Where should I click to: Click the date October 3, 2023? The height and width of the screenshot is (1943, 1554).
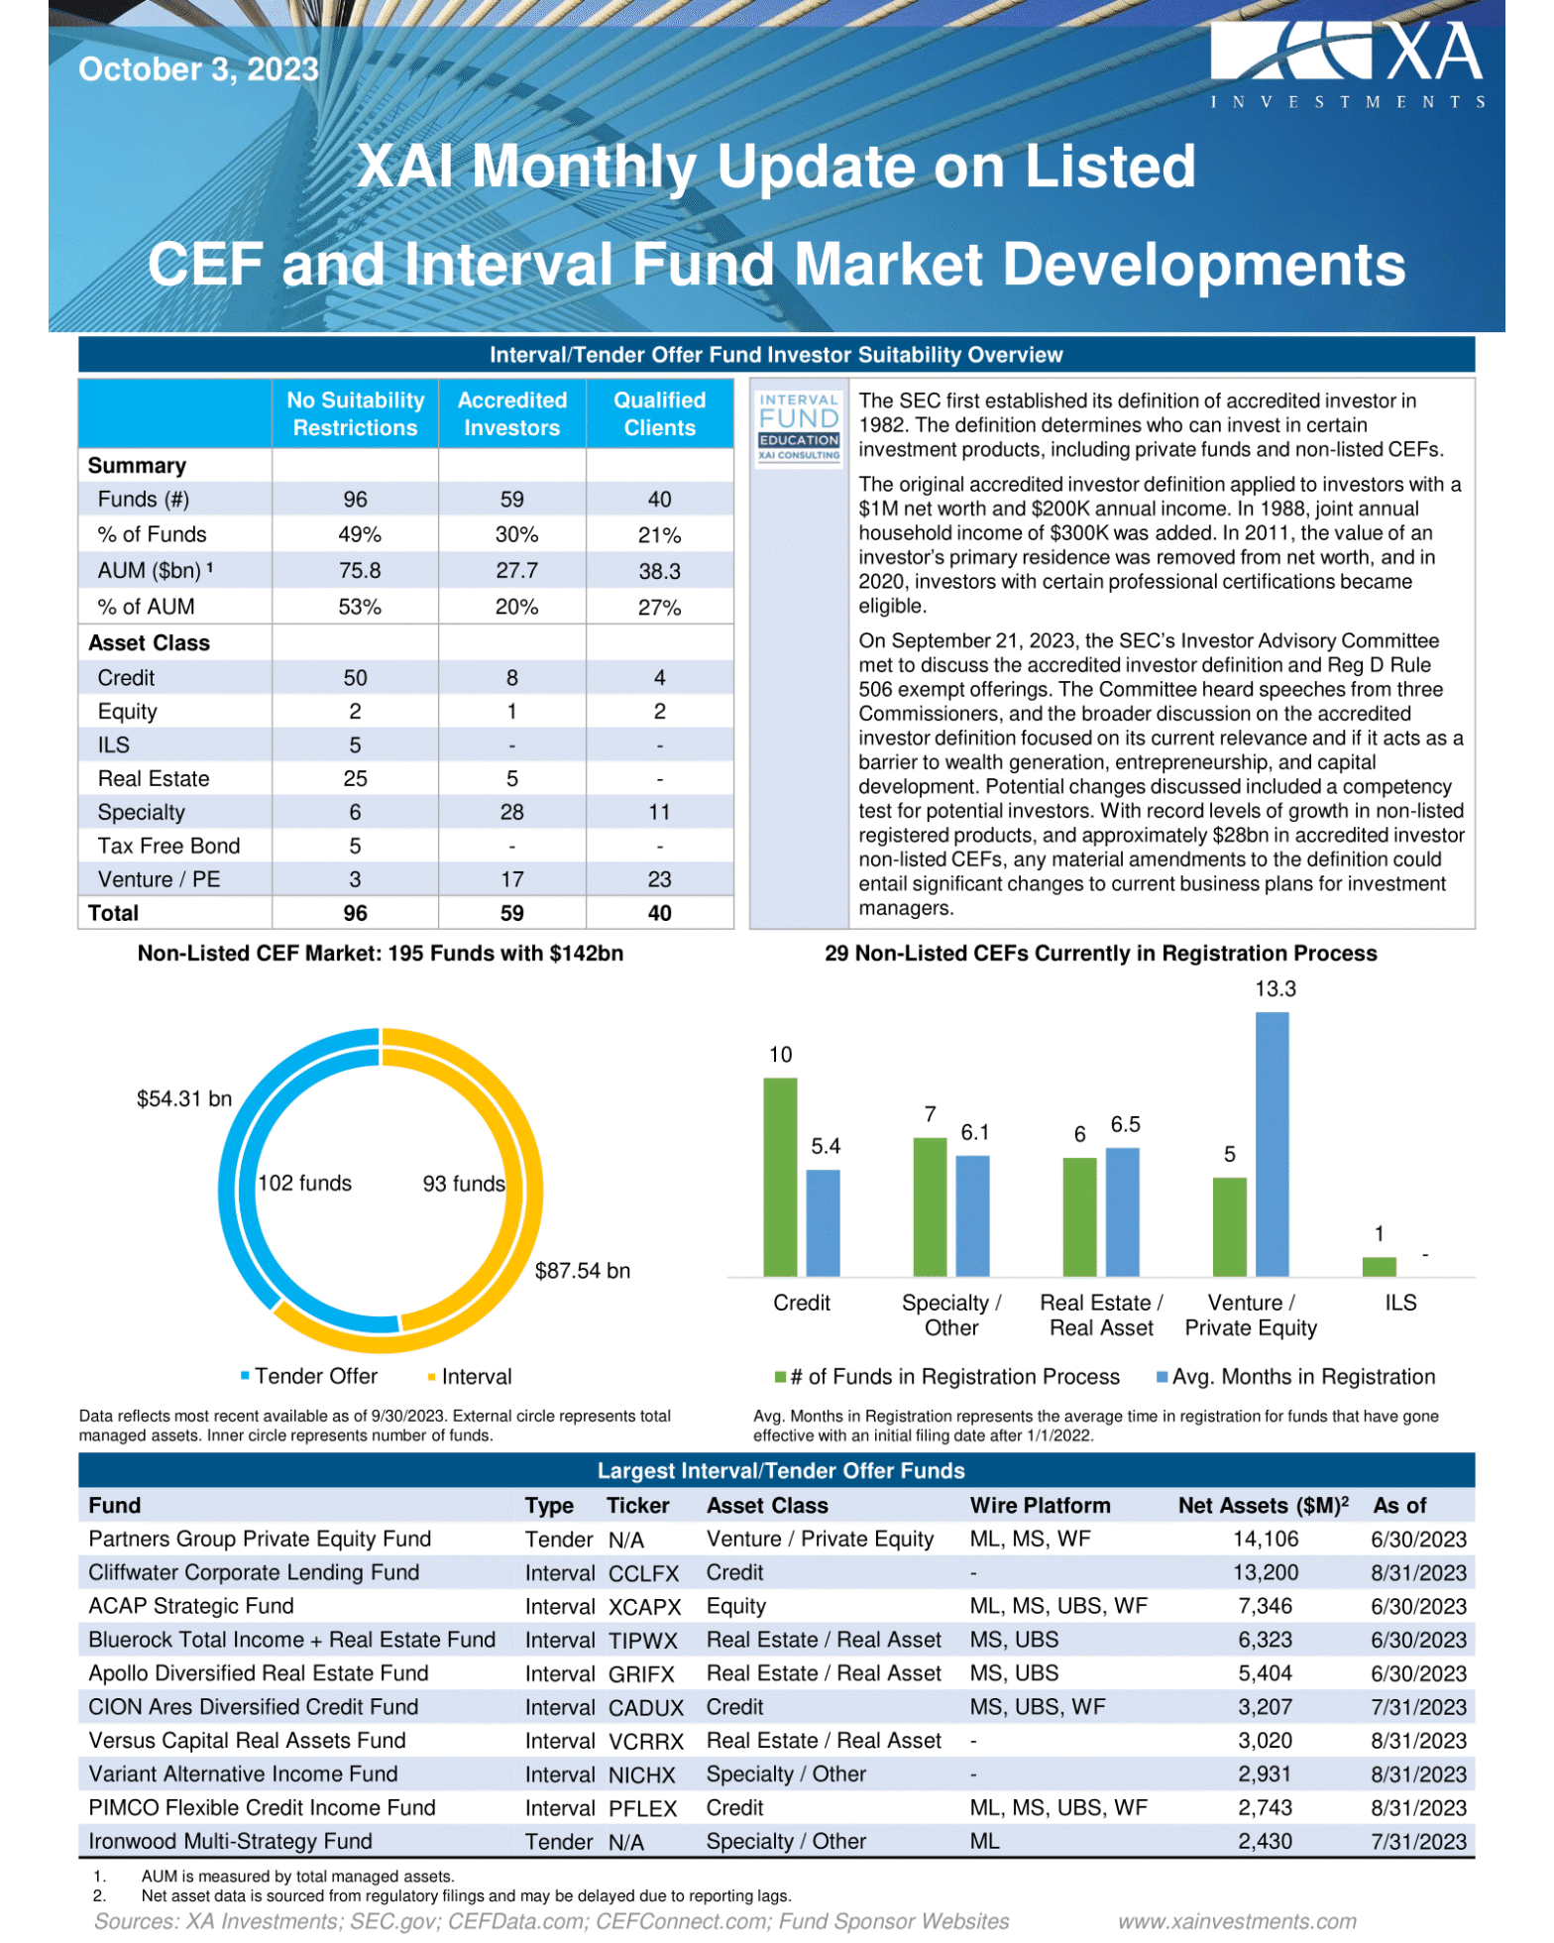pyautogui.click(x=198, y=69)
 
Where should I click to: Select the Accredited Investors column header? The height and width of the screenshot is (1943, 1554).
pyautogui.click(x=511, y=414)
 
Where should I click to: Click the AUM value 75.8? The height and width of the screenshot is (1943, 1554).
pyautogui.click(x=355, y=571)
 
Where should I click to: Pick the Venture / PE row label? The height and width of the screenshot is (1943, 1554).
pyautogui.click(x=159, y=879)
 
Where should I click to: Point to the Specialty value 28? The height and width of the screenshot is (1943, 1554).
pyautogui.click(x=511, y=812)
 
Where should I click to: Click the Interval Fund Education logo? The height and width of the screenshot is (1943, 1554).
pyautogui.click(x=799, y=427)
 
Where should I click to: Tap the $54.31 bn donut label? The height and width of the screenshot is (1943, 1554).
pyautogui.click(x=184, y=1098)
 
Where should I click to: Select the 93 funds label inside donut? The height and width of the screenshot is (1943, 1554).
pyautogui.click(x=464, y=1184)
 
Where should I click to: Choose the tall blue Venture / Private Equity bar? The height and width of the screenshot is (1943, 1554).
pyautogui.click(x=1272, y=1144)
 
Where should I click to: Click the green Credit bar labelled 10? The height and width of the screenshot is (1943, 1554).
pyautogui.click(x=780, y=1177)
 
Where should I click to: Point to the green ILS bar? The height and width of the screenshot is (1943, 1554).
pyautogui.click(x=1379, y=1266)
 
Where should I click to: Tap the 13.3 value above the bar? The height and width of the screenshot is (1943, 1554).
pyautogui.click(x=1275, y=988)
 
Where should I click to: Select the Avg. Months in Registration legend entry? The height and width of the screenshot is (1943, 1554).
pyautogui.click(x=1302, y=1377)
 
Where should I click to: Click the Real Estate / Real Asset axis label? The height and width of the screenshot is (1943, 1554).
pyautogui.click(x=1101, y=1315)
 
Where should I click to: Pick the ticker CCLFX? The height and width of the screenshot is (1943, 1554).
pyautogui.click(x=643, y=1573)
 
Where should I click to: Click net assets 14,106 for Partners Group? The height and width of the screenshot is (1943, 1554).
pyautogui.click(x=1265, y=1540)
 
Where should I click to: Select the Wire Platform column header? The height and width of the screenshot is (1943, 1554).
pyautogui.click(x=1040, y=1506)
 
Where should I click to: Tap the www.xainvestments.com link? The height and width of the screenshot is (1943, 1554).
pyautogui.click(x=1237, y=1922)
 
